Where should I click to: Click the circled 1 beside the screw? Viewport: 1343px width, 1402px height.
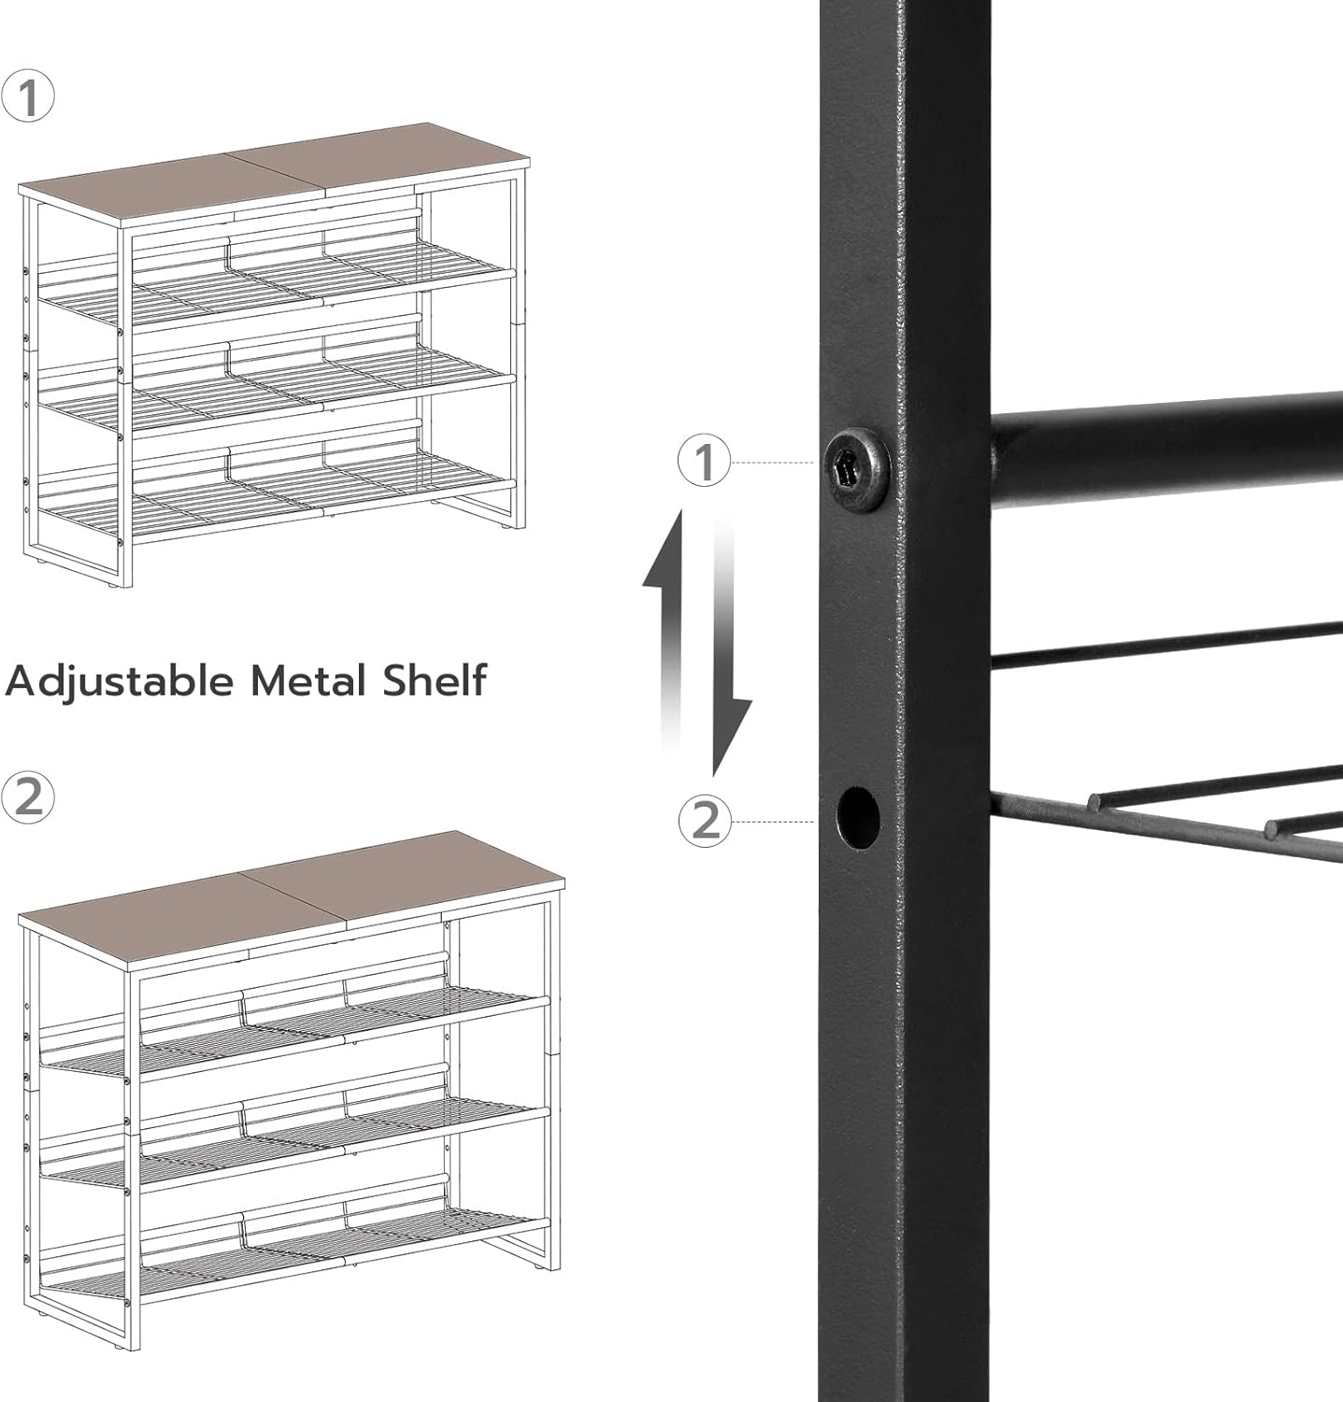[705, 463]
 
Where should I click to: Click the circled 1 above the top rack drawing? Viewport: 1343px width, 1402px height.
[28, 96]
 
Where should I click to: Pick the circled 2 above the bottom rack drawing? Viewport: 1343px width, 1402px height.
[28, 797]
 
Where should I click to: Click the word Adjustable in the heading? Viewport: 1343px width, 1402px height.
[119, 680]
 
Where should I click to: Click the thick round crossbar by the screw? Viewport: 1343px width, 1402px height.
[1159, 439]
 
